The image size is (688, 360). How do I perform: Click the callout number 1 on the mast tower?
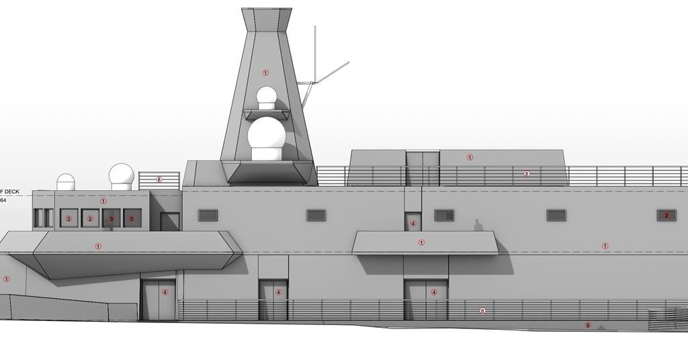(265, 73)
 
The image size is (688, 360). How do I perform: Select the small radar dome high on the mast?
(267, 97)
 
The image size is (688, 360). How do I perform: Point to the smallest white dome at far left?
(66, 182)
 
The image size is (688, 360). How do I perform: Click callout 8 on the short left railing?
(159, 180)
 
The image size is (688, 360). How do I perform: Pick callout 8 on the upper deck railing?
(527, 174)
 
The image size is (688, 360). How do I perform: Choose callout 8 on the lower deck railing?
(482, 311)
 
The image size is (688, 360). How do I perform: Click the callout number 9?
(588, 326)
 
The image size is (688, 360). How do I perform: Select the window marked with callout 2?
(666, 216)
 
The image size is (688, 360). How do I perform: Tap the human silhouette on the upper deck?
(478, 225)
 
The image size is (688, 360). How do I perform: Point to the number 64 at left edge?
(3, 200)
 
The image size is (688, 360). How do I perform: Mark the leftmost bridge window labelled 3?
(69, 218)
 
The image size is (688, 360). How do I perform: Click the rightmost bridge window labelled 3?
(132, 218)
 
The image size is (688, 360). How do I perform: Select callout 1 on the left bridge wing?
(98, 246)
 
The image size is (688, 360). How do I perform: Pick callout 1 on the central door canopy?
(422, 242)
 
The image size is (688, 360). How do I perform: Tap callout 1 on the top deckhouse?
(470, 158)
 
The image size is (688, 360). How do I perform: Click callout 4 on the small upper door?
(413, 224)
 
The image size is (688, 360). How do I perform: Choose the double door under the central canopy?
(425, 299)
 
